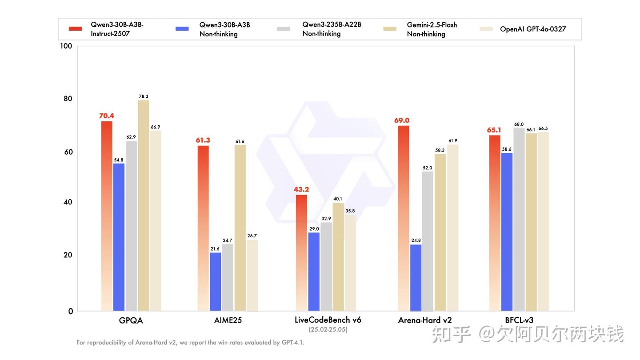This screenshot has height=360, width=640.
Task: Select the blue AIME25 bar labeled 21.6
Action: coord(216,282)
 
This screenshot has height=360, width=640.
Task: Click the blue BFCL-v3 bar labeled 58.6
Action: coord(507,232)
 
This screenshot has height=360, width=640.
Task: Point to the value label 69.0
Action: coord(401,120)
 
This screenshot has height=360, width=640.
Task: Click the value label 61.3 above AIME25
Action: coord(203,140)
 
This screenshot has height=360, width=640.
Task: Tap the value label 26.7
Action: coord(252,236)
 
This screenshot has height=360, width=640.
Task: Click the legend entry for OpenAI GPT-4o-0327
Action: coord(533,29)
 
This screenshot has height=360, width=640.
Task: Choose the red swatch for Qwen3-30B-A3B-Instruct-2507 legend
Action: coord(75,29)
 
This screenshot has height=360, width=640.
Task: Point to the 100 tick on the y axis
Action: coord(66,46)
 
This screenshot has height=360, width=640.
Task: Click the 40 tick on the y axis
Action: coord(67,202)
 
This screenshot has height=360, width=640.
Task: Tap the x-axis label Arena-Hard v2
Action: coord(425,320)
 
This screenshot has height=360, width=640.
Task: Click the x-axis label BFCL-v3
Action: coord(519,320)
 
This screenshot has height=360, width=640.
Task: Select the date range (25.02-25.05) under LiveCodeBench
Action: coord(328,330)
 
